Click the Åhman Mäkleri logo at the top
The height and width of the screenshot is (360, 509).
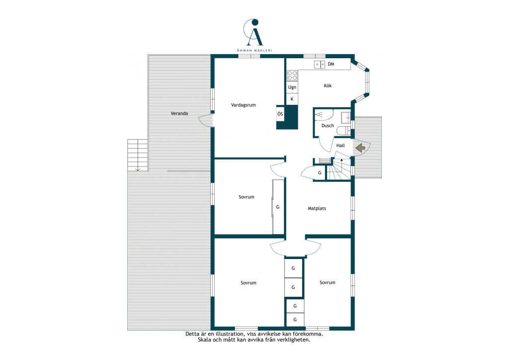coord(254,35)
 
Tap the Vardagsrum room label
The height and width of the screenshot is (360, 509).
coord(243,105)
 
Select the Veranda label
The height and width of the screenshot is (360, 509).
coord(179,113)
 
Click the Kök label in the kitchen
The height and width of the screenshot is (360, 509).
coord(328,86)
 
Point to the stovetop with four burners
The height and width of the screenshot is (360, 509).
coord(292,76)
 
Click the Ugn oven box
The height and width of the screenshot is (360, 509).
coord(292,87)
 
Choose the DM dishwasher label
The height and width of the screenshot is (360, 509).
coord(331,64)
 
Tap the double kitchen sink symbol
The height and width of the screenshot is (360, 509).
coord(320,65)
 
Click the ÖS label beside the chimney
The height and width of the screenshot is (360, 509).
coord(280,114)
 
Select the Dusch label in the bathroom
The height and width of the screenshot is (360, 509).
coord(328,126)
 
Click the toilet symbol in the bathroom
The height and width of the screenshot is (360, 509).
coord(343,131)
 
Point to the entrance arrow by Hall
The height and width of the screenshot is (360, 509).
coord(360,148)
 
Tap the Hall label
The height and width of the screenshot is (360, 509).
coord(340,145)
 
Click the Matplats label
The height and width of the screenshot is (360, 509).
coord(317,208)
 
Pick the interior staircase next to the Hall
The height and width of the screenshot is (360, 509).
coord(339,169)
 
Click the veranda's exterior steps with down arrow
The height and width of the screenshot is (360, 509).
coord(138,155)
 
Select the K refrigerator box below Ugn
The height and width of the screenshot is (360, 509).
coord(292,99)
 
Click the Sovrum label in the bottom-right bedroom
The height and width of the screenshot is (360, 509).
coord(327,282)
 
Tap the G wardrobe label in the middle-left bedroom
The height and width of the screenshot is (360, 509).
coord(277,207)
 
